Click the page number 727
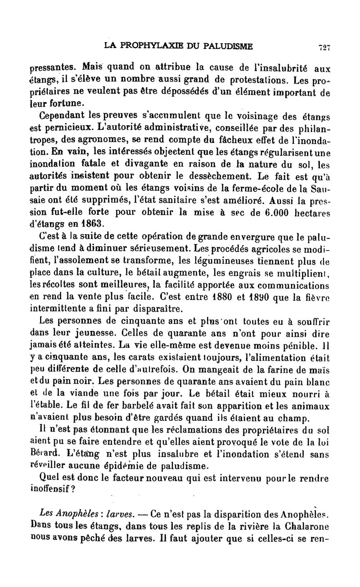[324, 46]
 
